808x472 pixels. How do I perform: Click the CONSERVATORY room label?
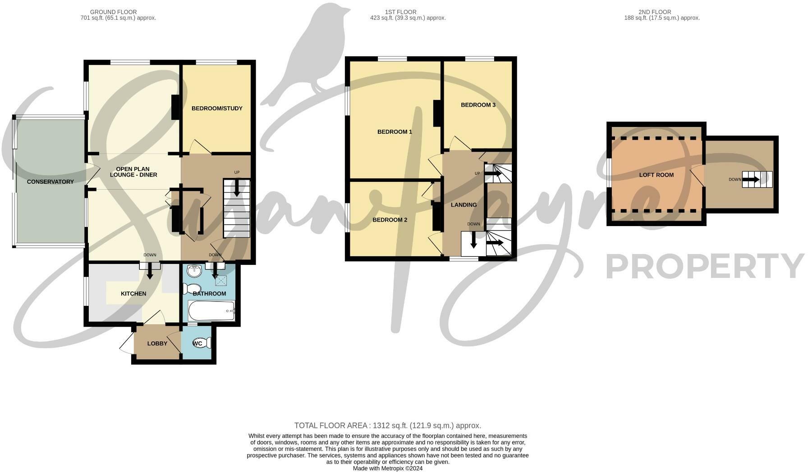(50, 182)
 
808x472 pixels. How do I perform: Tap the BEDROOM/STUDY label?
(217, 109)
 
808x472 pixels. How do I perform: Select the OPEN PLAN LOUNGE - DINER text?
(133, 172)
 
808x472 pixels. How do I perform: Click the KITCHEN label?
(133, 294)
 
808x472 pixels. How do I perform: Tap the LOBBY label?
(157, 344)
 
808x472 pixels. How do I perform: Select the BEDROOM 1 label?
(395, 132)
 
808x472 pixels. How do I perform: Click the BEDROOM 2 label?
(390, 220)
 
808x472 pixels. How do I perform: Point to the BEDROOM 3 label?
(478, 105)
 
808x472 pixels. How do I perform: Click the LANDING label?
(464, 205)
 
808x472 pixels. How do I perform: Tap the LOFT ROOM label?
(656, 175)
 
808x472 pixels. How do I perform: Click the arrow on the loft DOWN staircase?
(751, 180)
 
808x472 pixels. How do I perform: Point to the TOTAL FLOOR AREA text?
(387, 426)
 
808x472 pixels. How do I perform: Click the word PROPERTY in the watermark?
(706, 267)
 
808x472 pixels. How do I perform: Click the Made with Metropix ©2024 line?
(387, 468)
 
